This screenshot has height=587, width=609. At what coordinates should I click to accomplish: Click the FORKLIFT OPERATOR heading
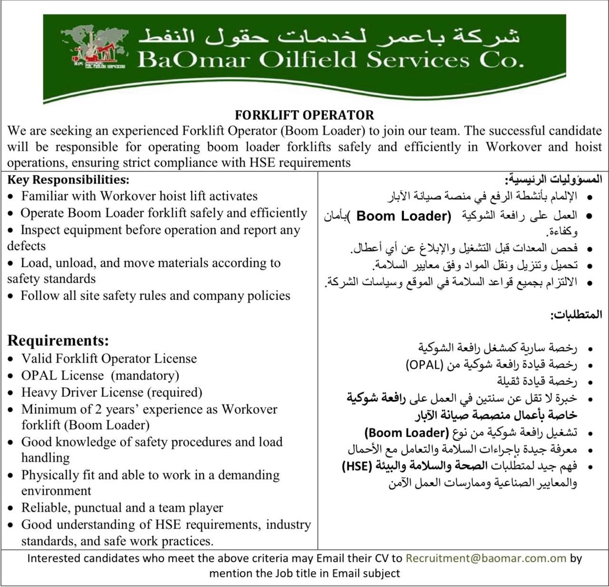304,115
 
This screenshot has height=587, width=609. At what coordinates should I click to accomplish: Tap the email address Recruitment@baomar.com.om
486,558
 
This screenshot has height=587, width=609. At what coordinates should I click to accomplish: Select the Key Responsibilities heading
68,180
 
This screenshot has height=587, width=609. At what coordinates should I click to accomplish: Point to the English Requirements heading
58,340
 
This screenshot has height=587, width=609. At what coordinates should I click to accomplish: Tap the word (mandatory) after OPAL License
145,375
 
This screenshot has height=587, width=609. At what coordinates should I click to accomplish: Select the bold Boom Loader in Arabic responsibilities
403,216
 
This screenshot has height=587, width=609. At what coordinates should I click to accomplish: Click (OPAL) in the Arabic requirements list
424,365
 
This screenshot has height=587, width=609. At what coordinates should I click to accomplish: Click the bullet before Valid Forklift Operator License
11,359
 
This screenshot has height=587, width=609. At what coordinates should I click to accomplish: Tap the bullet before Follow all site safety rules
10,296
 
